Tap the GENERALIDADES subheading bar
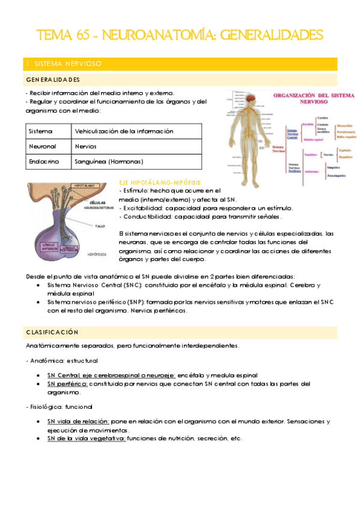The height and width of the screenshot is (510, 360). pyautogui.click(x=54, y=79)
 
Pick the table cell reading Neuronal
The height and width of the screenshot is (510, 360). pyautogui.click(x=43, y=146)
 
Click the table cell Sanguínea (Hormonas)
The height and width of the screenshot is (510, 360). pyautogui.click(x=109, y=162)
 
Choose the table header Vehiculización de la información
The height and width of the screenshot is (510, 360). pyautogui.click(x=124, y=131)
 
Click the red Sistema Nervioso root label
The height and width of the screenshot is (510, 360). pyautogui.click(x=278, y=149)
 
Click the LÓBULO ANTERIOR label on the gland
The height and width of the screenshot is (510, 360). pyautogui.click(x=49, y=247)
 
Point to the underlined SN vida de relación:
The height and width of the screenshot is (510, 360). pyautogui.click(x=78, y=422)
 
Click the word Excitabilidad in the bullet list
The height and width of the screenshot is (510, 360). pyautogui.click(x=145, y=207)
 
